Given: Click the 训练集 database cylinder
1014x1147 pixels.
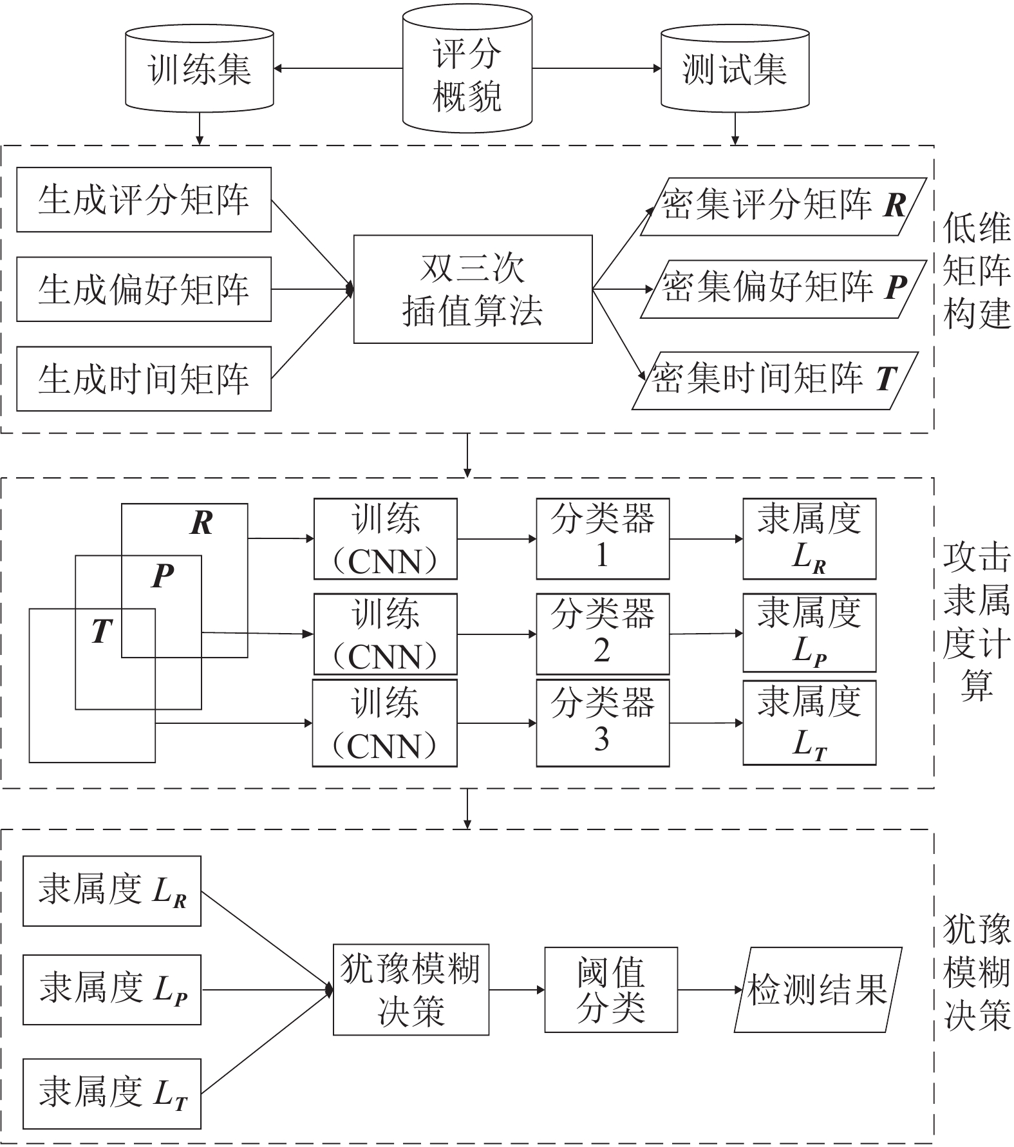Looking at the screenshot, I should point(200,69).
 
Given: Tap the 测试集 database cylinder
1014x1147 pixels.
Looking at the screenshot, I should point(735,69).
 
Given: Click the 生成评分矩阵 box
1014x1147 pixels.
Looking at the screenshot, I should point(144,200).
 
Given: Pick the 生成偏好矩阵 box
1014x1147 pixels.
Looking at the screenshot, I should point(144,289).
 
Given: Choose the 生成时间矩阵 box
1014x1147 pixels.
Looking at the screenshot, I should point(144,379).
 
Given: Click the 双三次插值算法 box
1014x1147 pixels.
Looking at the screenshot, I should point(473,289).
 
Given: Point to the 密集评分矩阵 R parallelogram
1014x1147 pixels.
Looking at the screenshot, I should point(783,206).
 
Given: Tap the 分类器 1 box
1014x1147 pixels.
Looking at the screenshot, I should point(603,538).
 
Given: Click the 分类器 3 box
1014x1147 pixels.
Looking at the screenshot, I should point(603,723).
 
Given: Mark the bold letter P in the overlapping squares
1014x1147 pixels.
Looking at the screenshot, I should point(163,576).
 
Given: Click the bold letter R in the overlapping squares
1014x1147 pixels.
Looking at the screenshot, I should point(202,523).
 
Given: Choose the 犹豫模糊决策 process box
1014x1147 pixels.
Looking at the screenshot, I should point(411,989).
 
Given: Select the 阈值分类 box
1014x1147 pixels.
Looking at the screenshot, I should point(611,989).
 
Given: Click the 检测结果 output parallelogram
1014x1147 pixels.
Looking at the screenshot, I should point(818,989).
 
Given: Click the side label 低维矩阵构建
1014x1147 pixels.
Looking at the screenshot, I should point(976,271).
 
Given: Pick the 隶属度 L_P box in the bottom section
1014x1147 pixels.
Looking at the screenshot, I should point(112,989).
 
